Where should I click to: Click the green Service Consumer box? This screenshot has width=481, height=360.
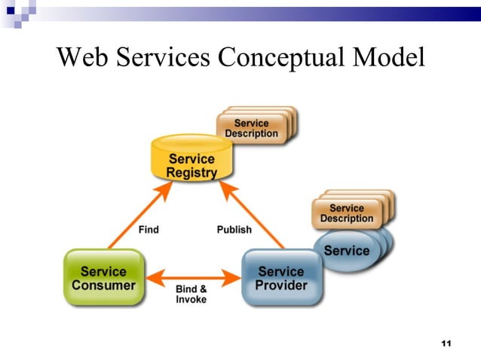pos(103,278)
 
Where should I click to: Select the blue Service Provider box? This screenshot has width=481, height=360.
pos(282,278)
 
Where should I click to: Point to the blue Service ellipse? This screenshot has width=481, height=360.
pos(348,252)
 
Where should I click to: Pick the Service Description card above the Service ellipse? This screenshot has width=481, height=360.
pos(346,213)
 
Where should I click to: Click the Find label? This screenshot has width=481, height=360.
pos(149,229)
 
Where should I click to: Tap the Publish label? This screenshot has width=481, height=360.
pos(234,229)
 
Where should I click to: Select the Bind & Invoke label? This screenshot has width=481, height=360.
pos(191,294)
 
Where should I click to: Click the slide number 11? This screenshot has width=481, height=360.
pos(445,343)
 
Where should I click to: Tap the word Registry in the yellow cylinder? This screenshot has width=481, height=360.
pos(191,172)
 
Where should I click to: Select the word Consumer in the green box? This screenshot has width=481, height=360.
pos(103,285)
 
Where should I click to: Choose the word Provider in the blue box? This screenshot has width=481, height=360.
pos(282,285)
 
